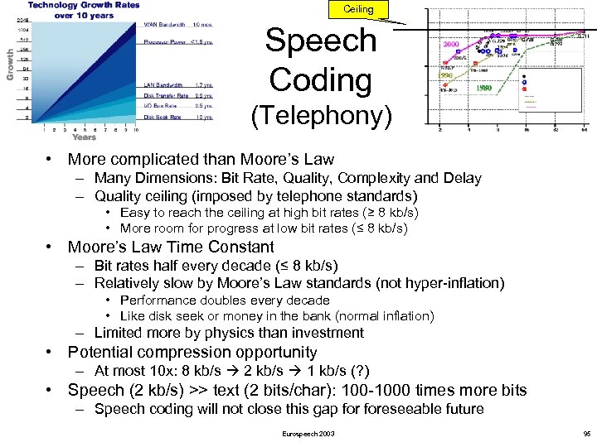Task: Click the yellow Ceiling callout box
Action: (x=352, y=9)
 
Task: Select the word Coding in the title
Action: (x=320, y=80)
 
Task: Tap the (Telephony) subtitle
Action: (x=321, y=117)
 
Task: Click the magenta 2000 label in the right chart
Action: (x=452, y=45)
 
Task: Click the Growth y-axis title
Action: (x=11, y=64)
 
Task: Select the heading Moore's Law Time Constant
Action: (x=171, y=247)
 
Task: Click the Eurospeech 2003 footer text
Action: (x=308, y=434)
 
